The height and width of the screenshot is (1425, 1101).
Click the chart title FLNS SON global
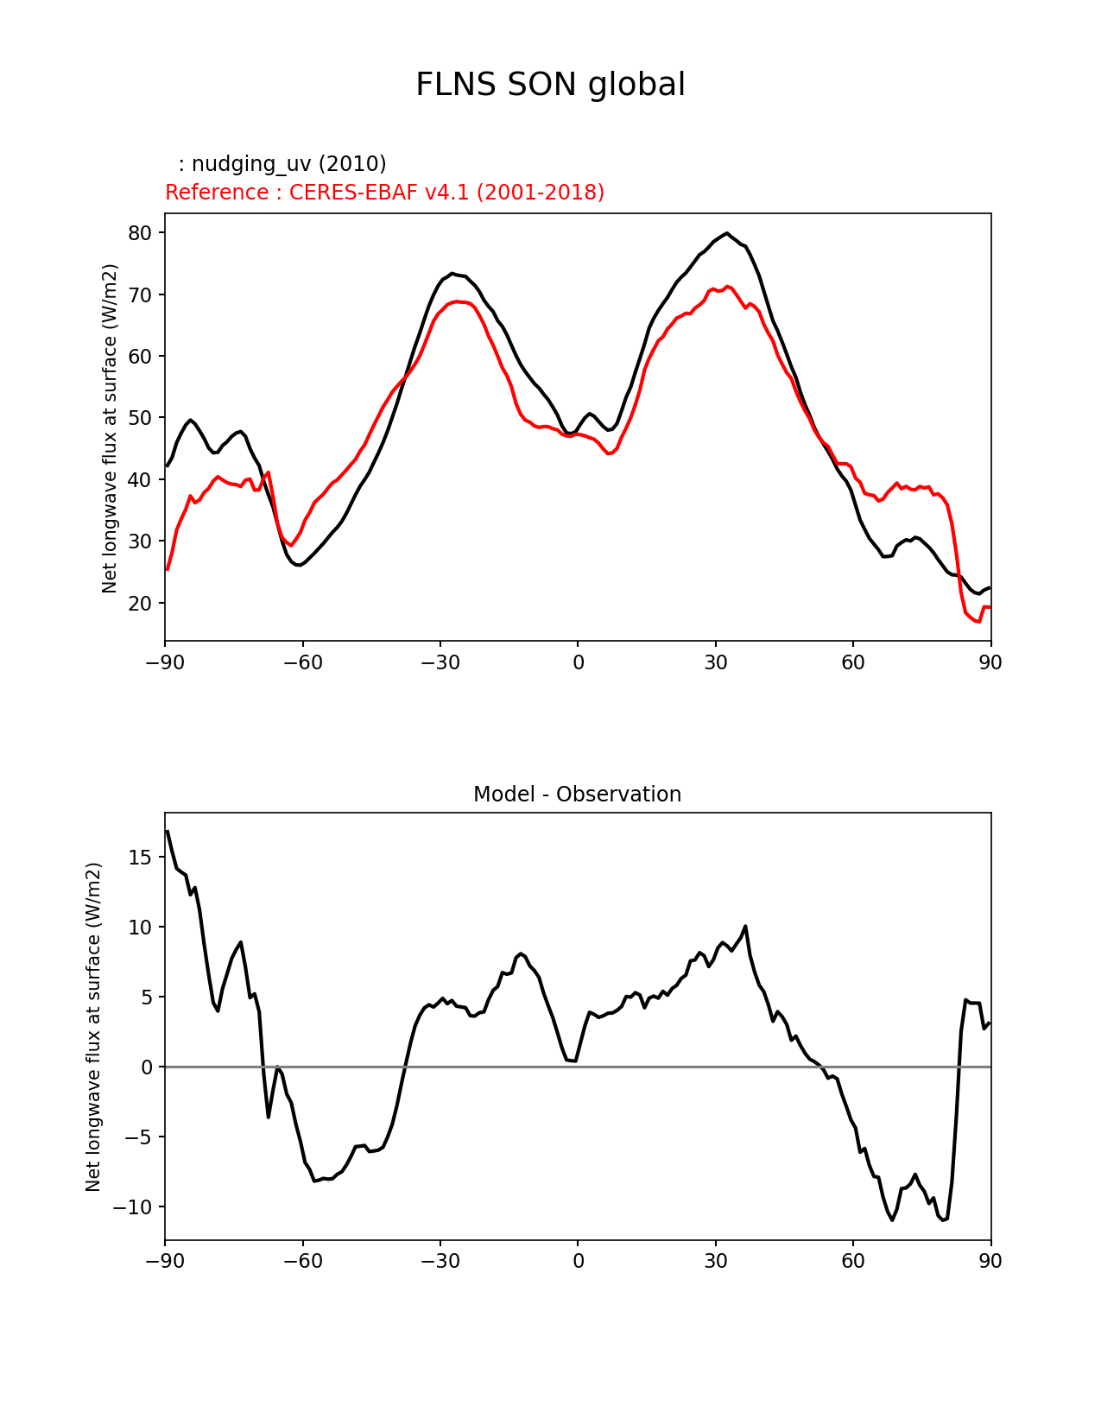click(550, 85)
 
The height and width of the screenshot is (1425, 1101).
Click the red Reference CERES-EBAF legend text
click(384, 193)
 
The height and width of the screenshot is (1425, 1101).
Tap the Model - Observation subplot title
click(577, 795)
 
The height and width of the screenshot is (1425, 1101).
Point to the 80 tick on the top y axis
click(140, 233)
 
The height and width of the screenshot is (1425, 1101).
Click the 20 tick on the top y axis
click(140, 604)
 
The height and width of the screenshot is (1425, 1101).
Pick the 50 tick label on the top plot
click(140, 418)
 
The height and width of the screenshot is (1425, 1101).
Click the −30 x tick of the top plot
click(440, 662)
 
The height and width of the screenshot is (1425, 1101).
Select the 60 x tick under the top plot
click(853, 662)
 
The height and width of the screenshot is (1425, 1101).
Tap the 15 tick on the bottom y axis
click(140, 858)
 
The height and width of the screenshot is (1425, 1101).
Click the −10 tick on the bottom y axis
click(132, 1207)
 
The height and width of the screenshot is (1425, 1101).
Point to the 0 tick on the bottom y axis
click(146, 1067)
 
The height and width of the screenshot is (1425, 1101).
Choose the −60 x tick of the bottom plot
click(302, 1262)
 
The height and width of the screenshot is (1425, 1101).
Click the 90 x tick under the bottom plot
click(990, 1262)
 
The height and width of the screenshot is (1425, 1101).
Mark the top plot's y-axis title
click(110, 428)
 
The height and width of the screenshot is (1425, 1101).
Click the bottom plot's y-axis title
click(93, 1027)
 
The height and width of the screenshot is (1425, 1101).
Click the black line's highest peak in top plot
click(727, 233)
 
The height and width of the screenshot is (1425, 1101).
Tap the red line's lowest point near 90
click(979, 622)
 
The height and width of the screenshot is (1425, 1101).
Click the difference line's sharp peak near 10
click(745, 927)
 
